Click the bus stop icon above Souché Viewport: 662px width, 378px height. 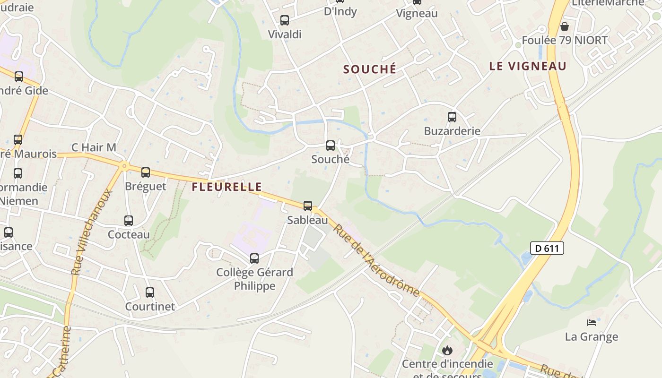tap(331, 146)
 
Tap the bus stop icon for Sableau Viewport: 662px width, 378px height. tap(308, 206)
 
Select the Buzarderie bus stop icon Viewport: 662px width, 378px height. tap(452, 117)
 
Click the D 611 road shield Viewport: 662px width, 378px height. tap(547, 248)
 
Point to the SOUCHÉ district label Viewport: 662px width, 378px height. tap(370, 69)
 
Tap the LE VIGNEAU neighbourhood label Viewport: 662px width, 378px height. tap(528, 67)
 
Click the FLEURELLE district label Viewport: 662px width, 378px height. tap(226, 187)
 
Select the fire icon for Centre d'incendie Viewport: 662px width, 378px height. tap(447, 350)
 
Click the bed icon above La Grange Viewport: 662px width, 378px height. tap(592, 323)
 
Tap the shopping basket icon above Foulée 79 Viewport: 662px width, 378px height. tap(564, 26)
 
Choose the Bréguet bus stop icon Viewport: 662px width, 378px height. tap(146, 172)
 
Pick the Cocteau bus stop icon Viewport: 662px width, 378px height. tap(129, 221)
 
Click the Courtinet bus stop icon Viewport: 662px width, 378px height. tap(150, 292)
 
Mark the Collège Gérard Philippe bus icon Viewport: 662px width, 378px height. tap(254, 258)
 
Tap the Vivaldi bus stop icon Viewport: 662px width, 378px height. tap(285, 20)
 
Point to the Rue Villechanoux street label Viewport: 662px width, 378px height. tap(92, 232)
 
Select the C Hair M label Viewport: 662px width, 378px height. tap(94, 147)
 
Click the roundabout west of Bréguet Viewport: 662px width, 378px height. tap(124, 165)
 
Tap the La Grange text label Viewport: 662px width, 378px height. tap(592, 337)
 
